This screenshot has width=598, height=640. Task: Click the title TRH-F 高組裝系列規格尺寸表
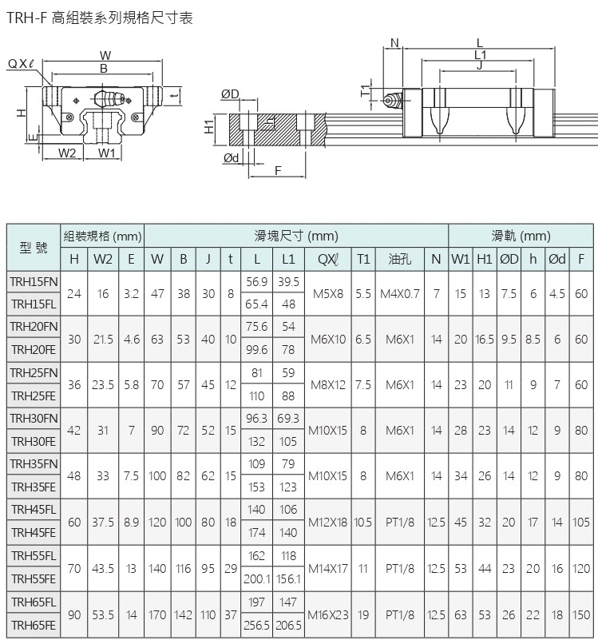click(100, 17)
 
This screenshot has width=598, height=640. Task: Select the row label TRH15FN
click(34, 281)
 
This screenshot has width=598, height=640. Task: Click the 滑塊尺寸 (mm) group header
click(296, 237)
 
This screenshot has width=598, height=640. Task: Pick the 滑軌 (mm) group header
click(521, 237)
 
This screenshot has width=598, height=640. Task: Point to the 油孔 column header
click(399, 259)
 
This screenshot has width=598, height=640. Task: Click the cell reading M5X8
click(327, 293)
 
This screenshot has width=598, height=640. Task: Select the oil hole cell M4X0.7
click(399, 293)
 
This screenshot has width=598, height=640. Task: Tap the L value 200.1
click(257, 579)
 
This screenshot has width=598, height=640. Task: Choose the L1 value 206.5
click(289, 626)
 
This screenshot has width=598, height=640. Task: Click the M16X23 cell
click(327, 614)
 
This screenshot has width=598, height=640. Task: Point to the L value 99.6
click(257, 350)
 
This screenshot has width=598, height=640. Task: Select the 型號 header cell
click(34, 248)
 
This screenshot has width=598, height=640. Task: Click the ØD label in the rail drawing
click(230, 95)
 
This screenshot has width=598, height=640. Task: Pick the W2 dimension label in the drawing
click(67, 153)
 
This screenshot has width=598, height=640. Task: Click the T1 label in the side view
click(366, 91)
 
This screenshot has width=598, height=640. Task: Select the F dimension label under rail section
click(278, 171)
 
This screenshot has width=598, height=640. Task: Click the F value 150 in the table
click(581, 614)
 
